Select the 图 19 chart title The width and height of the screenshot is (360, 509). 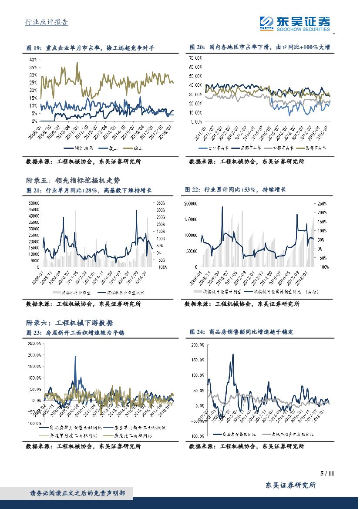[x=91, y=47]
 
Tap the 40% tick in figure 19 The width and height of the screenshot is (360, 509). [x=33, y=60]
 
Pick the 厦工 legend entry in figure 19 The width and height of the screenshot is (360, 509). [x=112, y=148]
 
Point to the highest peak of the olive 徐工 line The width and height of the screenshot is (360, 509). [x=77, y=63]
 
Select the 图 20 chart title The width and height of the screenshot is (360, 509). [x=260, y=47]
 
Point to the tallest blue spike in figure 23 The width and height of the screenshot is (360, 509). [x=75, y=356]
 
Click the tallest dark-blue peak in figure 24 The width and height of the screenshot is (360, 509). [x=233, y=354]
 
